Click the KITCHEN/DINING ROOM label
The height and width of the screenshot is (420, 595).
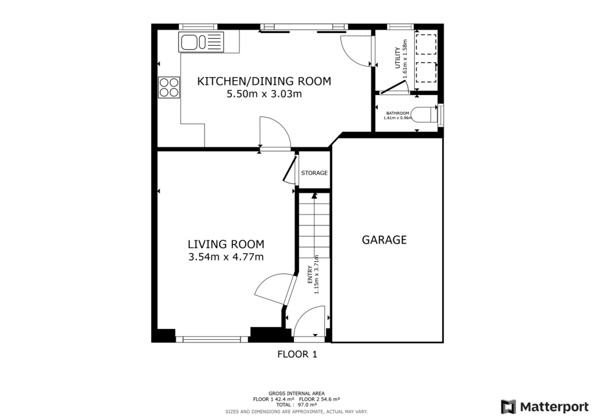coord(264,81)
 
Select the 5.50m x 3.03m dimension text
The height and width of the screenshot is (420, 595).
coord(264,94)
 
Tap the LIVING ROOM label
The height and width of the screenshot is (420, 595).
coord(225,244)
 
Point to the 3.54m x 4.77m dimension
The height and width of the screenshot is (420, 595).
coord(225,257)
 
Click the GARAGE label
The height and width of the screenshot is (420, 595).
coord(384,240)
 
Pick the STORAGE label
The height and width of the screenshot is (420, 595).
coord(314,173)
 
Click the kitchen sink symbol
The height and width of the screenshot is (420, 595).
coord(201,42)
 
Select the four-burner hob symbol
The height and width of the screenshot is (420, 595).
coord(169,87)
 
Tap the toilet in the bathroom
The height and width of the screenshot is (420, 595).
coord(426,114)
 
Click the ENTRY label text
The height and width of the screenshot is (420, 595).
coord(310,274)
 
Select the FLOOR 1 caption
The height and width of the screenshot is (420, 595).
coord(297,353)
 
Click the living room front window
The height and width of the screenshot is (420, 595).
coord(212,339)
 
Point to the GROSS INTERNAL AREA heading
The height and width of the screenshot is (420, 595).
coord(296,393)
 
